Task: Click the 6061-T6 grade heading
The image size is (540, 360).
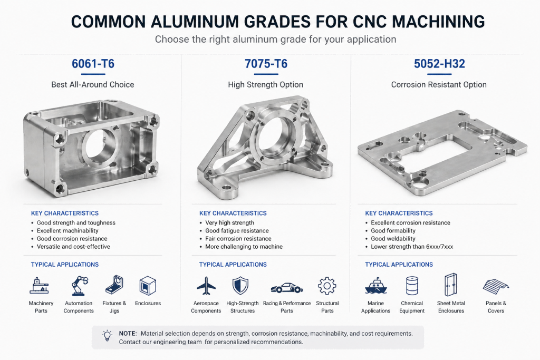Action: tap(93, 64)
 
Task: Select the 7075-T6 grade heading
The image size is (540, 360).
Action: tap(266, 64)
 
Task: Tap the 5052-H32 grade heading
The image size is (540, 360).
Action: tap(439, 64)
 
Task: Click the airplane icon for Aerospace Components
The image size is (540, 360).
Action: tap(206, 286)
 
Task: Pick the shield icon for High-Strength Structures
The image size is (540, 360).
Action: tap(240, 285)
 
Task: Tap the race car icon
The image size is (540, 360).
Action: tap(286, 287)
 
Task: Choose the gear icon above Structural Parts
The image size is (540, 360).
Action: tap(327, 286)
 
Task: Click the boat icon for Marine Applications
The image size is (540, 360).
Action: tap(375, 286)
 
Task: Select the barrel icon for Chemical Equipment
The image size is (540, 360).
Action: tap(412, 286)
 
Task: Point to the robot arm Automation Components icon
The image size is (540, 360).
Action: tap(79, 285)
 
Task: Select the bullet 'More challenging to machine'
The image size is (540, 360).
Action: tap(244, 247)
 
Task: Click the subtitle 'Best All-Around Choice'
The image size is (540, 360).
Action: tap(93, 84)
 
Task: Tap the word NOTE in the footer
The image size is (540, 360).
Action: tap(128, 334)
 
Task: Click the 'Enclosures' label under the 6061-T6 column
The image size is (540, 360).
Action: tap(148, 304)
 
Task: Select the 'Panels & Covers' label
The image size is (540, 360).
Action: tap(496, 307)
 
